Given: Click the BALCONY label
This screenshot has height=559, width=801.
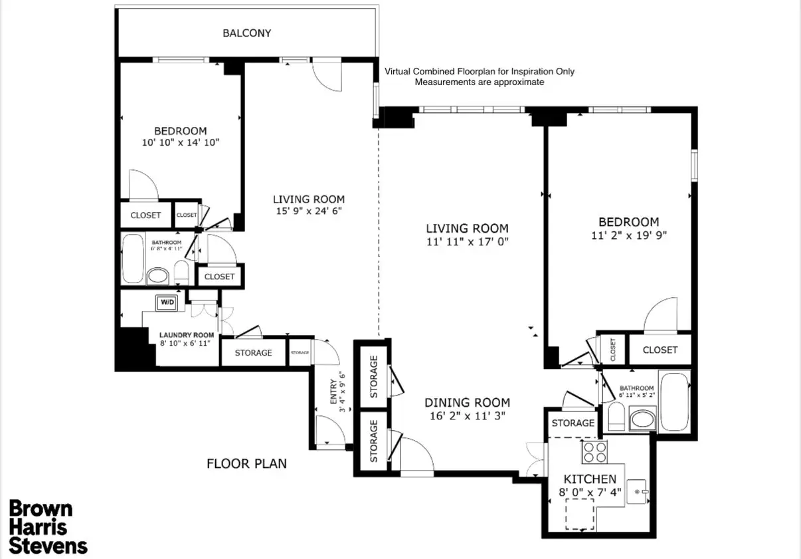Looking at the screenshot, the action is click(x=246, y=33).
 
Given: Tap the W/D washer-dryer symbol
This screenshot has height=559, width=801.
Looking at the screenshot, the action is click(x=167, y=302).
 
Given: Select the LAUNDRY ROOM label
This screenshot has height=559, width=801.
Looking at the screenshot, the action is click(x=187, y=335).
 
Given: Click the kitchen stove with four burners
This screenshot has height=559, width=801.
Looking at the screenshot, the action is click(x=594, y=452).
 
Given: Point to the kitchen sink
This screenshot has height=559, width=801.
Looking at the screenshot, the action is click(x=638, y=492).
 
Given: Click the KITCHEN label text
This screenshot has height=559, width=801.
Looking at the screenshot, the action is click(x=590, y=479).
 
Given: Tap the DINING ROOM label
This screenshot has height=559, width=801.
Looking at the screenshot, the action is click(x=467, y=403).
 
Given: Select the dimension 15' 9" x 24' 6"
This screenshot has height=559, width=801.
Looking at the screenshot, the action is click(x=309, y=211).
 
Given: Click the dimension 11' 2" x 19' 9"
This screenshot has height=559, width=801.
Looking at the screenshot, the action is click(x=629, y=235).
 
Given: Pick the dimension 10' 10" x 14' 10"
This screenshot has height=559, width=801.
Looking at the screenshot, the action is click(x=181, y=142).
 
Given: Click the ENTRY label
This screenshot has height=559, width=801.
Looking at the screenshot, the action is click(x=333, y=391).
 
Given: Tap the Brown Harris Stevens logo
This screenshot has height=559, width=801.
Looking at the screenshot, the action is click(x=47, y=527).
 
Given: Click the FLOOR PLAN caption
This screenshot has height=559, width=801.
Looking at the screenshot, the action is click(x=246, y=464).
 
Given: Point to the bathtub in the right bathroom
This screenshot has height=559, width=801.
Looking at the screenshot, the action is click(x=674, y=402).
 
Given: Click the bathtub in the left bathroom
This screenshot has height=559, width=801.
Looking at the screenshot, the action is click(x=133, y=259).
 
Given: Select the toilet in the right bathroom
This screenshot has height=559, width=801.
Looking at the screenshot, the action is click(x=616, y=417).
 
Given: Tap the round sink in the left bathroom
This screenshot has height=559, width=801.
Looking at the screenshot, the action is click(x=157, y=276).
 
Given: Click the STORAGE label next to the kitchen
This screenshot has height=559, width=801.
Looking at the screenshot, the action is click(x=573, y=423).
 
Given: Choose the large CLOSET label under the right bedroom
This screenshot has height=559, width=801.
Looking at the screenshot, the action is click(x=660, y=350).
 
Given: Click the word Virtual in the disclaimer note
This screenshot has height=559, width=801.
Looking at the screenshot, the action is click(x=398, y=72).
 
